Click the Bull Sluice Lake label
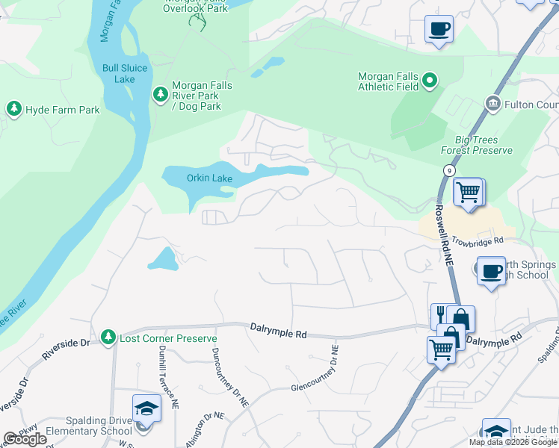[125, 73]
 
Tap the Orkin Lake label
[209, 178]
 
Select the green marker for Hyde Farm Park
[13, 110]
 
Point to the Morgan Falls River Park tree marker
[159, 94]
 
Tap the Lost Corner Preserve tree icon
[108, 338]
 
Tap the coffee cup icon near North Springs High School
[490, 272]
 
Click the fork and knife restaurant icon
[441, 315]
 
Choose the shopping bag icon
[460, 319]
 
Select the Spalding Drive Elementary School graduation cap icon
[146, 409]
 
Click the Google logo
[25, 439]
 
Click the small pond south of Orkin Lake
[163, 259]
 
